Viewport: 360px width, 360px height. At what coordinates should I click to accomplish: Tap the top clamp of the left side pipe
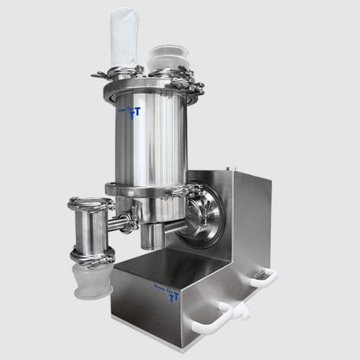click(91, 203)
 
